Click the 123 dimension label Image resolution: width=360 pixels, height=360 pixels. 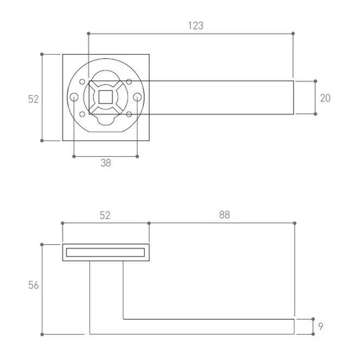click(x=196, y=26)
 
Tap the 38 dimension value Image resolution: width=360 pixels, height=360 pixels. click(x=106, y=163)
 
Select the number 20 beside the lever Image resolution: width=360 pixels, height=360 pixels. click(x=325, y=98)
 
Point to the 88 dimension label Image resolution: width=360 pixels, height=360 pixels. click(x=225, y=215)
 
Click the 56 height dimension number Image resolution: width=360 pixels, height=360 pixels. click(x=33, y=285)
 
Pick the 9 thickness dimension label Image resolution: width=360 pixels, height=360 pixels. click(x=320, y=326)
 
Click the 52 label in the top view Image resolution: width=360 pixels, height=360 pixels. click(x=33, y=99)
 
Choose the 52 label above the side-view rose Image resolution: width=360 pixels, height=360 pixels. click(x=105, y=215)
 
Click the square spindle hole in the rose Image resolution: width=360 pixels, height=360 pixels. click(x=106, y=97)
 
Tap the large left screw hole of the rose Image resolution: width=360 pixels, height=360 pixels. click(x=74, y=97)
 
